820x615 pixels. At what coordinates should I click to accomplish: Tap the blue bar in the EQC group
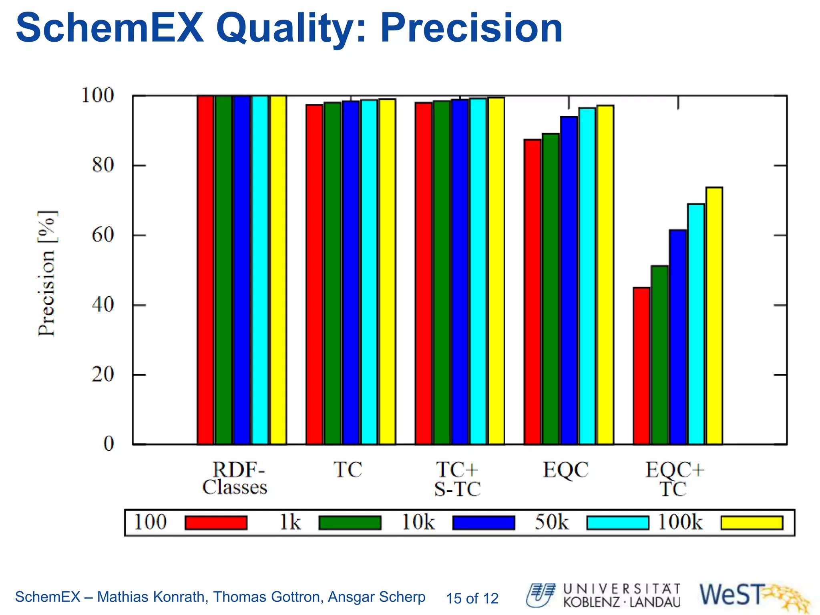point(569,280)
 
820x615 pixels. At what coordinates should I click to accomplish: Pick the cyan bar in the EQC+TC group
point(696,324)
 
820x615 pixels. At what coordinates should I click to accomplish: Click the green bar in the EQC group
point(551,289)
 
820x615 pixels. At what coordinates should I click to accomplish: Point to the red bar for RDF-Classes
point(205,270)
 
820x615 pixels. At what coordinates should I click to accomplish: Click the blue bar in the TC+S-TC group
point(460,272)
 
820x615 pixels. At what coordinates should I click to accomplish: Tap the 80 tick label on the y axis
point(103,165)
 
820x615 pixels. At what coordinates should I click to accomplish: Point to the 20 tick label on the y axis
point(103,375)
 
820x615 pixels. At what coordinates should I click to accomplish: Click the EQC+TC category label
point(674,479)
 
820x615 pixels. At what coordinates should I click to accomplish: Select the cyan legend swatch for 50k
point(617,523)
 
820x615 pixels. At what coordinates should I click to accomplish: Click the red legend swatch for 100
point(216,523)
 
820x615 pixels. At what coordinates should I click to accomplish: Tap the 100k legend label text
point(680,522)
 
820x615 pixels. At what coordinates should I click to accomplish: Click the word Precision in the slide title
point(471,28)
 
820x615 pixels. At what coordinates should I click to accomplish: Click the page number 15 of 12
point(472,598)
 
